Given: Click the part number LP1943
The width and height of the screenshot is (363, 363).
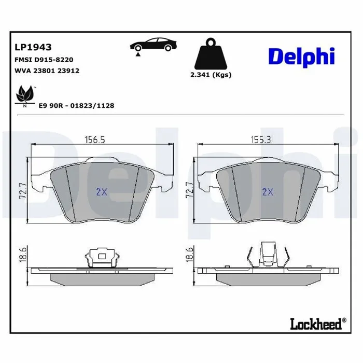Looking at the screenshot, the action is tap(33, 47).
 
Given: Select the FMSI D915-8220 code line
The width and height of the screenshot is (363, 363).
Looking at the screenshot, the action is tap(44, 60).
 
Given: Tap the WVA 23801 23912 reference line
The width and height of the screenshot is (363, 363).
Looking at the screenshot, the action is tap(47, 71).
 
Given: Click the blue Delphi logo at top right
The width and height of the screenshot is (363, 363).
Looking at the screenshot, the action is tap(301, 57).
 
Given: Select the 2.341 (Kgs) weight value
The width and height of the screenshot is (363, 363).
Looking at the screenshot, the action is tap(211, 75).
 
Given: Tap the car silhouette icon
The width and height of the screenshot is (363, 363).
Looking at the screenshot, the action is tap(153, 45).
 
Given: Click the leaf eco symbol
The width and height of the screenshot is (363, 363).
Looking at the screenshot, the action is tap(25, 95).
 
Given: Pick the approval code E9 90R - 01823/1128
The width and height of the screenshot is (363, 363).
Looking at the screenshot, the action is tap(76, 106).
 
